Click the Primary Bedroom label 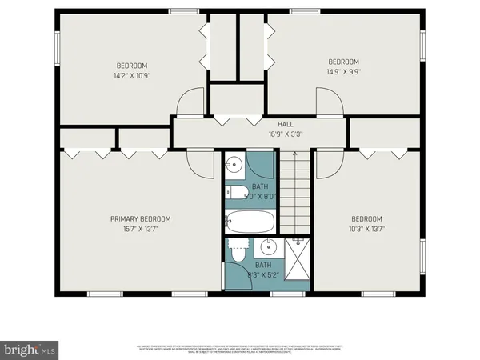click(x=140, y=218)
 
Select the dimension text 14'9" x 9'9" click(x=343, y=71)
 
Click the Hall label click(x=286, y=124)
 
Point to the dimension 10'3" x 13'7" click(x=366, y=229)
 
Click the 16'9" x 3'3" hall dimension click(x=286, y=134)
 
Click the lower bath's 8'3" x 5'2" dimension click(x=262, y=274)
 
